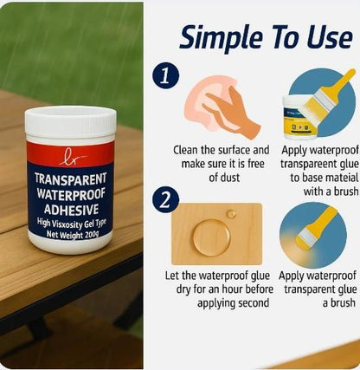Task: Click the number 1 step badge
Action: (166, 75)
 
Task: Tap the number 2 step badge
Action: (166, 199)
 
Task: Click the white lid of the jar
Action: (70, 122)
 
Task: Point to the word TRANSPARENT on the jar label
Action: (70, 176)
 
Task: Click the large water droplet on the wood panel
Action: (210, 236)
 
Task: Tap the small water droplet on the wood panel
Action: (231, 213)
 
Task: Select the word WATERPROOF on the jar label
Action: (70, 192)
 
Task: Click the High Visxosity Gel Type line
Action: (70, 223)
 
